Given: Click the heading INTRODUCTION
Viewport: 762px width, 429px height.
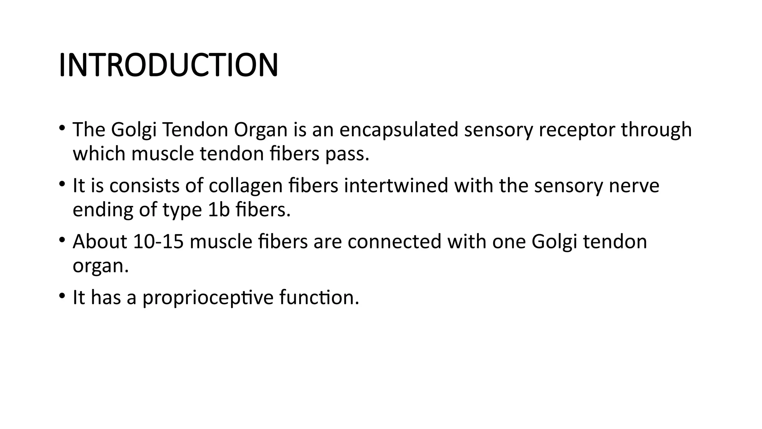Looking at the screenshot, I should [x=168, y=66].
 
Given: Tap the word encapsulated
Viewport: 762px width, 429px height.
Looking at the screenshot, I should [x=398, y=130].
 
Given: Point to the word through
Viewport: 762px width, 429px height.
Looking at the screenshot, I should [x=657, y=130].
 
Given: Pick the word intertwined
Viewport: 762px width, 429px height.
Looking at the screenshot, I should [x=396, y=185].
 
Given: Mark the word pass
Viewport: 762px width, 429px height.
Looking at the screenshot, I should [x=347, y=154].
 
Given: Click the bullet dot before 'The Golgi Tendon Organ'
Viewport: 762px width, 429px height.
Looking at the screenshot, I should [x=62, y=128].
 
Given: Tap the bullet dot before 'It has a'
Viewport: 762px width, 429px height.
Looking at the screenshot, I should [x=62, y=296].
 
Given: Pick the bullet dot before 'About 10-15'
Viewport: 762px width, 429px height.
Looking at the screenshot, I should [x=62, y=240].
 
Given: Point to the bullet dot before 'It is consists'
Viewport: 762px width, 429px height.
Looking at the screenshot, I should [x=62, y=184].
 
